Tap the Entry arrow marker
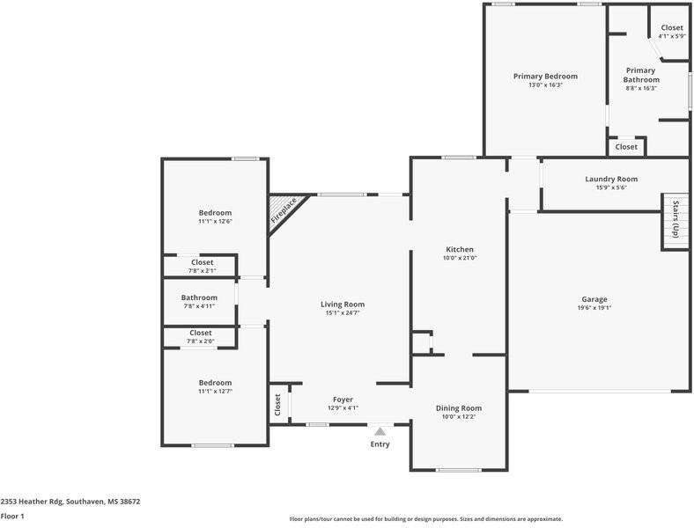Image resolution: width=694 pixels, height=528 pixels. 380,431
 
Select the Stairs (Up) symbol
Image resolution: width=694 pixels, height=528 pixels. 676,222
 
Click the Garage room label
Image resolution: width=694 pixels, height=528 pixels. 594,299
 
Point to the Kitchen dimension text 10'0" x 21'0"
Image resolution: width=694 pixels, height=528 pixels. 460,258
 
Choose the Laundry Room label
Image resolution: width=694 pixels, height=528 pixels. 611,180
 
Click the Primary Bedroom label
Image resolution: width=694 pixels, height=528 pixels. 545,76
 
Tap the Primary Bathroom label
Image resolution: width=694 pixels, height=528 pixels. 641,75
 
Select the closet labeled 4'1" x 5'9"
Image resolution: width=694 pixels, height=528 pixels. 672,32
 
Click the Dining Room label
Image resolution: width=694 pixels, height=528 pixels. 459,408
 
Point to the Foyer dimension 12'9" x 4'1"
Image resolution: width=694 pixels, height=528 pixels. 343,408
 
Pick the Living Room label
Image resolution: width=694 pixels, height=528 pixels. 343,304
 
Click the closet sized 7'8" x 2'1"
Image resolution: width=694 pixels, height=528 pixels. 203,267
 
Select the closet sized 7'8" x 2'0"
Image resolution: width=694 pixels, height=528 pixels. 201,336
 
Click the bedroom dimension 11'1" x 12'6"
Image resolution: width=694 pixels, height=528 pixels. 215,221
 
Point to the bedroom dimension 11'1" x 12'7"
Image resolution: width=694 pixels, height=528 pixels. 215,392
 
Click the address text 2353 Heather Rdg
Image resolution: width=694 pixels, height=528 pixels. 32,502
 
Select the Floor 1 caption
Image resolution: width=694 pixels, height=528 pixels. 12,516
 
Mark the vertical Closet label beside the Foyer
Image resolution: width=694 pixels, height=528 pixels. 277,405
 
